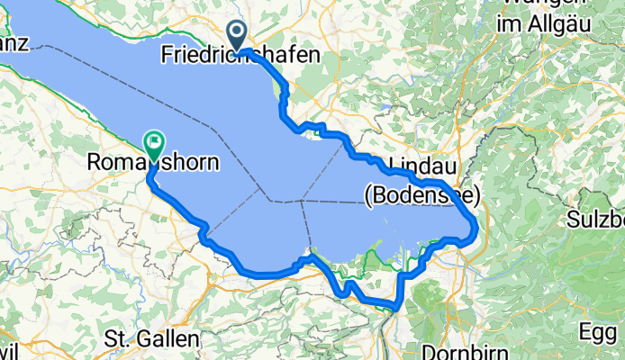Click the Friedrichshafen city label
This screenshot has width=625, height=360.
point(240,56)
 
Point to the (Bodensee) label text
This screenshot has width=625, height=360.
point(421,193)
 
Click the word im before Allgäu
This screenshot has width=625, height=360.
point(509,24)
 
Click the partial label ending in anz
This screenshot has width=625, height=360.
point(15,42)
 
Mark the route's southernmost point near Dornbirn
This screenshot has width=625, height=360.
point(396,307)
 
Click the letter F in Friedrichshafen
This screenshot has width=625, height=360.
point(167,56)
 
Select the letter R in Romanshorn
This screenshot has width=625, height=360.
point(95,163)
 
